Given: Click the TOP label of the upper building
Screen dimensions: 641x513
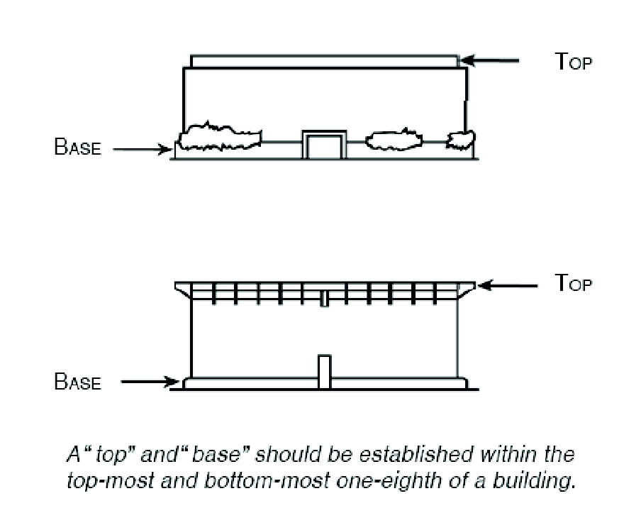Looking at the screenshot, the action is click(x=572, y=62).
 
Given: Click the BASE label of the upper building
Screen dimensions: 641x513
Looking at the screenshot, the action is click(x=78, y=150).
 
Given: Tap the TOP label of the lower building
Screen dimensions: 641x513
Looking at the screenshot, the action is click(x=572, y=284).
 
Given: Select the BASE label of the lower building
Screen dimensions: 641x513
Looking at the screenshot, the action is click(x=78, y=383).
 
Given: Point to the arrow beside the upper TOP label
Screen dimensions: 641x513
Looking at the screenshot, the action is click(x=491, y=62).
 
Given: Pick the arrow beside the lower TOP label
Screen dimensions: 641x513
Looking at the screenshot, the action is click(x=510, y=285).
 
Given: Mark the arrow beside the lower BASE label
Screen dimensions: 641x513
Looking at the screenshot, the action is click(x=150, y=383).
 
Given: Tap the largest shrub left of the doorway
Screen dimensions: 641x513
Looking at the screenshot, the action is click(x=220, y=138).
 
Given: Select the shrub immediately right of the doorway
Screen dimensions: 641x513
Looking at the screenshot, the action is click(x=392, y=139).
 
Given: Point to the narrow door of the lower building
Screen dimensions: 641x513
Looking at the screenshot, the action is click(x=324, y=371).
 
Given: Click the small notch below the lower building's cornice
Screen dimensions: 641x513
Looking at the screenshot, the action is click(x=324, y=298).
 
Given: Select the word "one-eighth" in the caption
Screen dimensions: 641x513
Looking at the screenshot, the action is click(x=422, y=482).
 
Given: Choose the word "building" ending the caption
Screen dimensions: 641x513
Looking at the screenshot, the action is click(x=543, y=482).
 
